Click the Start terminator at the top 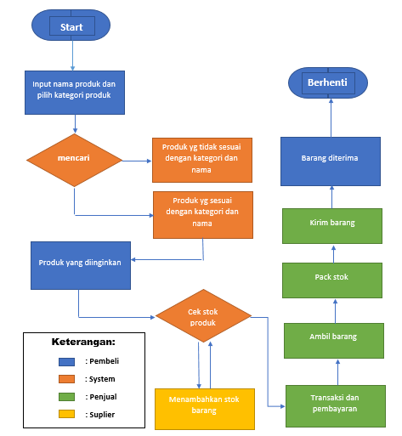pyautogui.click(x=71, y=26)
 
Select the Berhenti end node pyautogui.click(x=328, y=82)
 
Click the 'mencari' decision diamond pyautogui.click(x=75, y=159)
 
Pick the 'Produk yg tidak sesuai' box pyautogui.click(x=202, y=159)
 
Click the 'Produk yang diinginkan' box pyautogui.click(x=79, y=263)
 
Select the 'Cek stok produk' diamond pyautogui.click(x=202, y=316)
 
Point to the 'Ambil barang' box pyautogui.click(x=333, y=337)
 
